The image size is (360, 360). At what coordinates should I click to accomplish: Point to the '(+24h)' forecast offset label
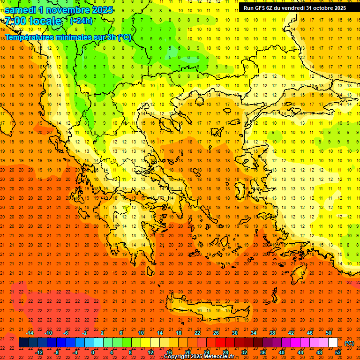(81, 21)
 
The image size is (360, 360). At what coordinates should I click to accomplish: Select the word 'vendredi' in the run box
(291, 8)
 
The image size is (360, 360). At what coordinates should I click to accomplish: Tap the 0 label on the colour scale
(93, 352)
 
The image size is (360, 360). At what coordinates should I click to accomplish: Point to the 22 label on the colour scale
(197, 333)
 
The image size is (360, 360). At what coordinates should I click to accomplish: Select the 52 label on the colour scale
(338, 352)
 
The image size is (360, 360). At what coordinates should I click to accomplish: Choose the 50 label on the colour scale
(329, 333)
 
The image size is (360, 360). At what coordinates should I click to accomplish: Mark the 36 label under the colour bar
(263, 352)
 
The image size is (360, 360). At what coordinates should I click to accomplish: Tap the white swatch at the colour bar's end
(333, 343)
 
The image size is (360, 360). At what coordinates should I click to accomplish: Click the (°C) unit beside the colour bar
(349, 343)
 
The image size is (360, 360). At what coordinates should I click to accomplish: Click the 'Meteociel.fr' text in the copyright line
(216, 357)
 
